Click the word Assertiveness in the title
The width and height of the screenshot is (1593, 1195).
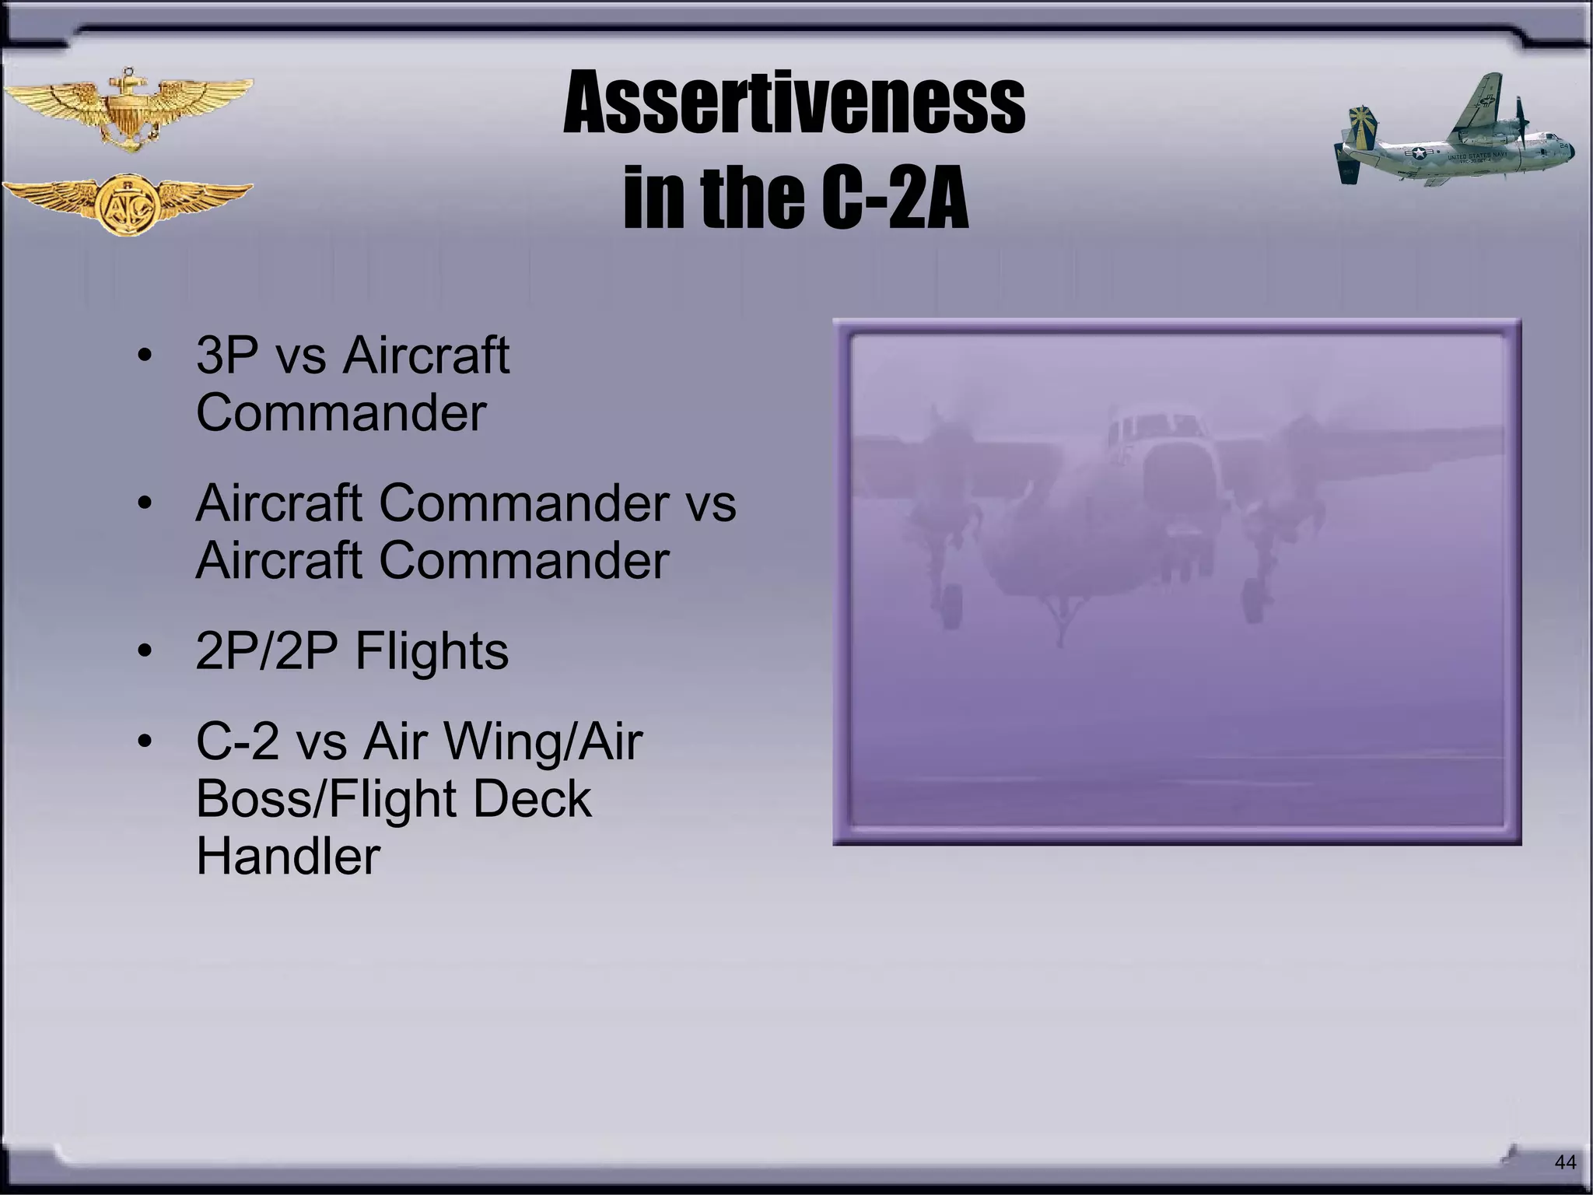coord(793,103)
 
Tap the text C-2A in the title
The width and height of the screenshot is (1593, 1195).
coord(895,198)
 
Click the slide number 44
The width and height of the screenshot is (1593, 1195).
coord(1564,1162)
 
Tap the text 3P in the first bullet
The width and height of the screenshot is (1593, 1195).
coord(226,355)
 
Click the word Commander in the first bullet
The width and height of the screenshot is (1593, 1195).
coord(341,412)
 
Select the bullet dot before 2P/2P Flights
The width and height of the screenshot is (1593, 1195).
coord(144,650)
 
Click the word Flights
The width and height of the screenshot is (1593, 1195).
coord(432,650)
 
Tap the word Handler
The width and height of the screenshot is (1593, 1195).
coord(288,856)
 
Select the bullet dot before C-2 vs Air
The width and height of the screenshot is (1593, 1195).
coord(144,741)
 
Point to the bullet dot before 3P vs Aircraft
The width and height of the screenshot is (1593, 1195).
coord(144,356)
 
